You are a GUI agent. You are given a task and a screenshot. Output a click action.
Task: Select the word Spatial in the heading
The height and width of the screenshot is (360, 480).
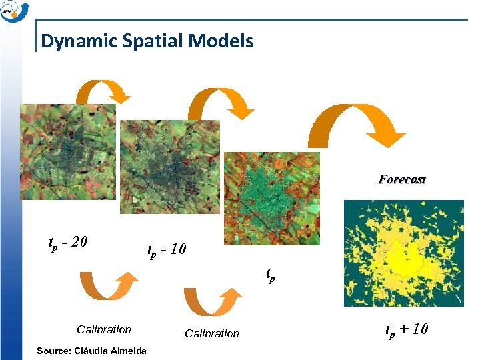pyautogui.click(x=143, y=41)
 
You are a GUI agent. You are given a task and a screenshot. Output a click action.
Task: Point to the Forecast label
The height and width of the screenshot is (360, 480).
pyautogui.click(x=402, y=179)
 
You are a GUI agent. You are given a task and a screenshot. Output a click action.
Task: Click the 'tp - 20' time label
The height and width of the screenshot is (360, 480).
pyautogui.click(x=69, y=241)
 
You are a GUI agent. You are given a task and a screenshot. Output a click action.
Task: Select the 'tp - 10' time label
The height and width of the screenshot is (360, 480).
pyautogui.click(x=167, y=250)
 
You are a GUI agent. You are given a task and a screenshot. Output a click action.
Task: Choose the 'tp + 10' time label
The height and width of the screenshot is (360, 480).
pyautogui.click(x=406, y=329)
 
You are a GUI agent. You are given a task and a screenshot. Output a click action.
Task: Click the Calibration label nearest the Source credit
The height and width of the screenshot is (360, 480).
pyautogui.click(x=104, y=329)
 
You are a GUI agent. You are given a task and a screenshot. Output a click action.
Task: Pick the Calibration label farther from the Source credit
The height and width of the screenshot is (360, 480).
pyautogui.click(x=211, y=333)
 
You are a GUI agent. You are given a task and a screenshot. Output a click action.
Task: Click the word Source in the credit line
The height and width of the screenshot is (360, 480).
pyautogui.click(x=55, y=351)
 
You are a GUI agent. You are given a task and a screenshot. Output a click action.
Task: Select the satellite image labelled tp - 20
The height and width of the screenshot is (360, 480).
pyautogui.click(x=67, y=151)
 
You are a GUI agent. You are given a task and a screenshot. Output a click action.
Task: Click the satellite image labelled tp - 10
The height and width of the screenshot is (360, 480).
pyautogui.click(x=169, y=167)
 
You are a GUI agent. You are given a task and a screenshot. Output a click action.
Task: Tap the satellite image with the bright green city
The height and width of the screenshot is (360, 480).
pyautogui.click(x=271, y=199)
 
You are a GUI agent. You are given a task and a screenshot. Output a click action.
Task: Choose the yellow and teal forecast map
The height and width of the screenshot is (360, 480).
pyautogui.click(x=403, y=253)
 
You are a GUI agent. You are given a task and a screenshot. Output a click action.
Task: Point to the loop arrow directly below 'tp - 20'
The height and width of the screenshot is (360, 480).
pyautogui.click(x=105, y=286)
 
